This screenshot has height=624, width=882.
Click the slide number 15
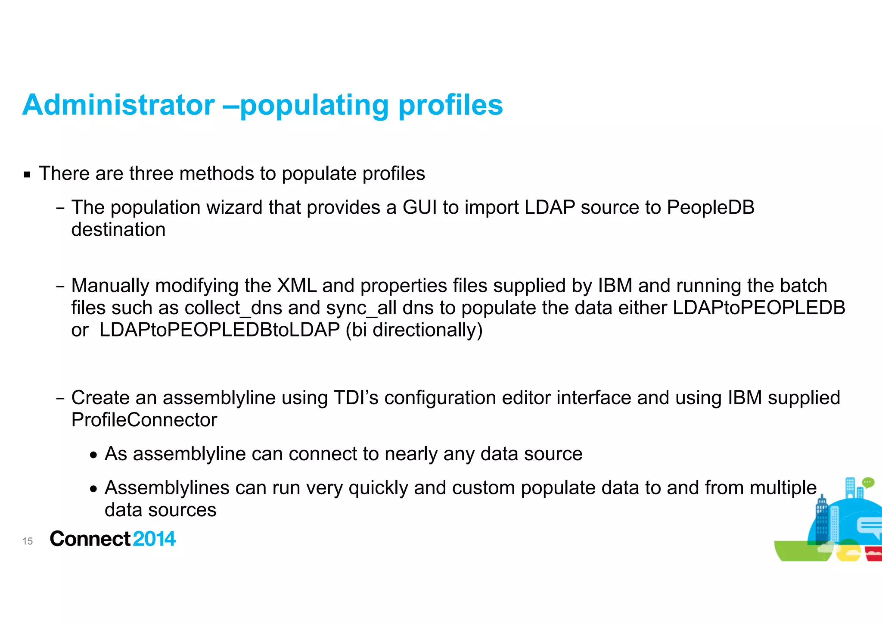click(x=28, y=541)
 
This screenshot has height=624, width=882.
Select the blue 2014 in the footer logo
click(x=154, y=539)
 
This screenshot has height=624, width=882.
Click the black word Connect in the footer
click(x=90, y=539)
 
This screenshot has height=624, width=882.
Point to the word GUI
click(x=420, y=207)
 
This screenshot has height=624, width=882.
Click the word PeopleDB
click(x=711, y=207)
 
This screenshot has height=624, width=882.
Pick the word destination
click(x=118, y=230)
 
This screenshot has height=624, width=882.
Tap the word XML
click(x=297, y=286)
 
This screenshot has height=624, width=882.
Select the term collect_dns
click(x=233, y=308)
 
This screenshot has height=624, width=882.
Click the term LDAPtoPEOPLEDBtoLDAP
click(x=220, y=330)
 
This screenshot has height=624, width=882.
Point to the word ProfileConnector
click(x=144, y=420)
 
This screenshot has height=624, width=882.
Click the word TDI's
click(x=356, y=398)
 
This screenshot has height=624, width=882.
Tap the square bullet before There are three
click(x=27, y=175)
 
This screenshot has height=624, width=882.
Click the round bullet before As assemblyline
click(x=93, y=455)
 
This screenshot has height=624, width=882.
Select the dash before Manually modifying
click(x=60, y=287)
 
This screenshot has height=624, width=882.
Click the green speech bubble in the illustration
click(x=868, y=482)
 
